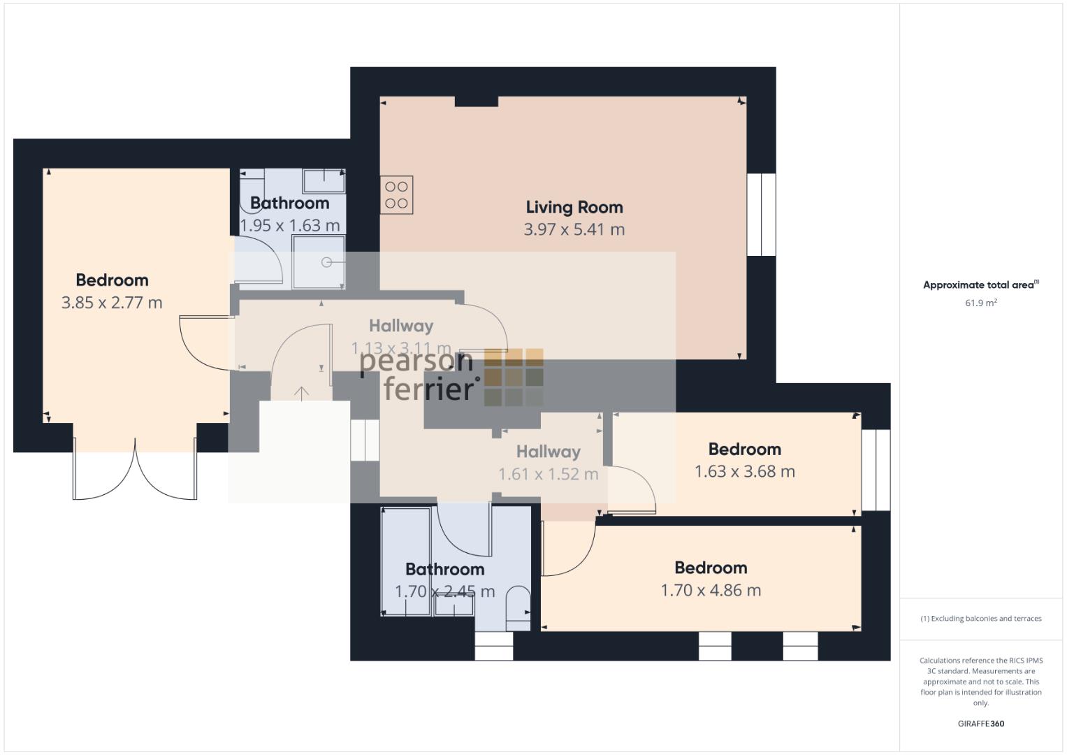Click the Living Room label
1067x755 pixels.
click(x=574, y=208)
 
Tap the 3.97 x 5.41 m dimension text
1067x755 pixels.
click(x=574, y=230)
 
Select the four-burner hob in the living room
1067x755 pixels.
click(x=396, y=195)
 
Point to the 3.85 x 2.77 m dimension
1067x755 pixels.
click(x=112, y=303)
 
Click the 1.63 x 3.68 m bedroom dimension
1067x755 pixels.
click(x=745, y=471)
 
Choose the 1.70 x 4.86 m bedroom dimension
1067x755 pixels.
click(x=711, y=591)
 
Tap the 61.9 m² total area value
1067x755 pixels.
click(x=981, y=303)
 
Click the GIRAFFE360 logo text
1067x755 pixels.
click(x=981, y=724)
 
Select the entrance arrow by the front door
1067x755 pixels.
click(x=301, y=393)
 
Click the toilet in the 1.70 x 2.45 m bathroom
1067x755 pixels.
click(x=518, y=608)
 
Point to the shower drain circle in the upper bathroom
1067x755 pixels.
click(x=326, y=262)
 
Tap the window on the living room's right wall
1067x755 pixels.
click(x=761, y=215)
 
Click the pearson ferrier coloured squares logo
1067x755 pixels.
click(x=514, y=377)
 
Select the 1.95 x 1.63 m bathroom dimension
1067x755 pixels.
click(x=289, y=225)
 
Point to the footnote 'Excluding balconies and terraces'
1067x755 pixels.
click(x=981, y=619)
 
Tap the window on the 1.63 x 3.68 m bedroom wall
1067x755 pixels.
click(x=876, y=470)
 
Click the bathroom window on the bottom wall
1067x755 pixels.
click(x=494, y=647)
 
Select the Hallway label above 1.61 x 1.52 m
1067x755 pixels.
click(x=549, y=452)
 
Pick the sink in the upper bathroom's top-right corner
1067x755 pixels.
click(x=324, y=180)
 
